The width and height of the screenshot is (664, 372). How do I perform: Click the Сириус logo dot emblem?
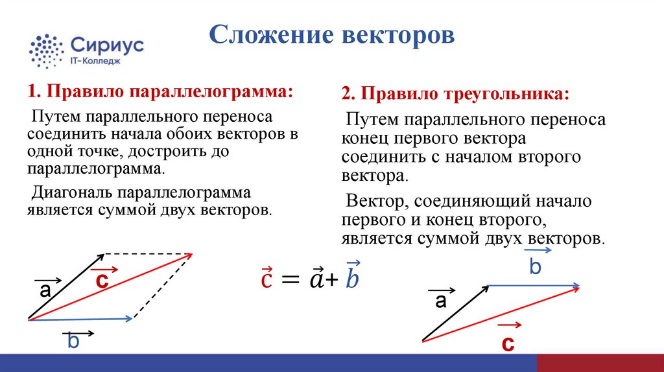(47, 50)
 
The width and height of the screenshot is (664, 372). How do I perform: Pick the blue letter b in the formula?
(353, 278)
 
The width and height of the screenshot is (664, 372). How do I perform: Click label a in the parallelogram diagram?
(45, 291)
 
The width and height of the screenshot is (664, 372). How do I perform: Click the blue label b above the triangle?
(535, 266)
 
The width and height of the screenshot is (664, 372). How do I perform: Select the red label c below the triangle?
(508, 344)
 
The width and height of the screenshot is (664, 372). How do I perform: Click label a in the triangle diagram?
(441, 301)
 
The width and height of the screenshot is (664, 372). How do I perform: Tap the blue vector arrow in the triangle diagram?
(532, 286)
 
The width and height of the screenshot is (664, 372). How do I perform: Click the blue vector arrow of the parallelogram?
(81, 318)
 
